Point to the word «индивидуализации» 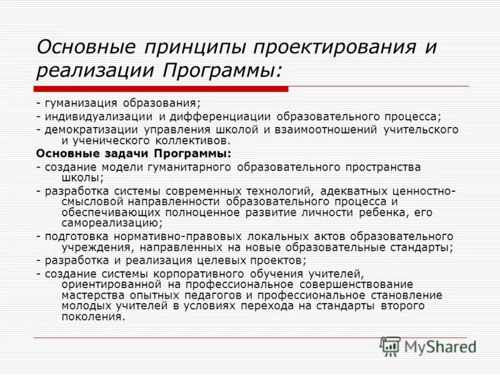click(x=97, y=116)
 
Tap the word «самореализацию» click(x=103, y=222)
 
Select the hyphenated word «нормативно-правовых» click(x=166, y=236)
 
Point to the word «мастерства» click(x=91, y=295)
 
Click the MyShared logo click(x=428, y=345)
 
